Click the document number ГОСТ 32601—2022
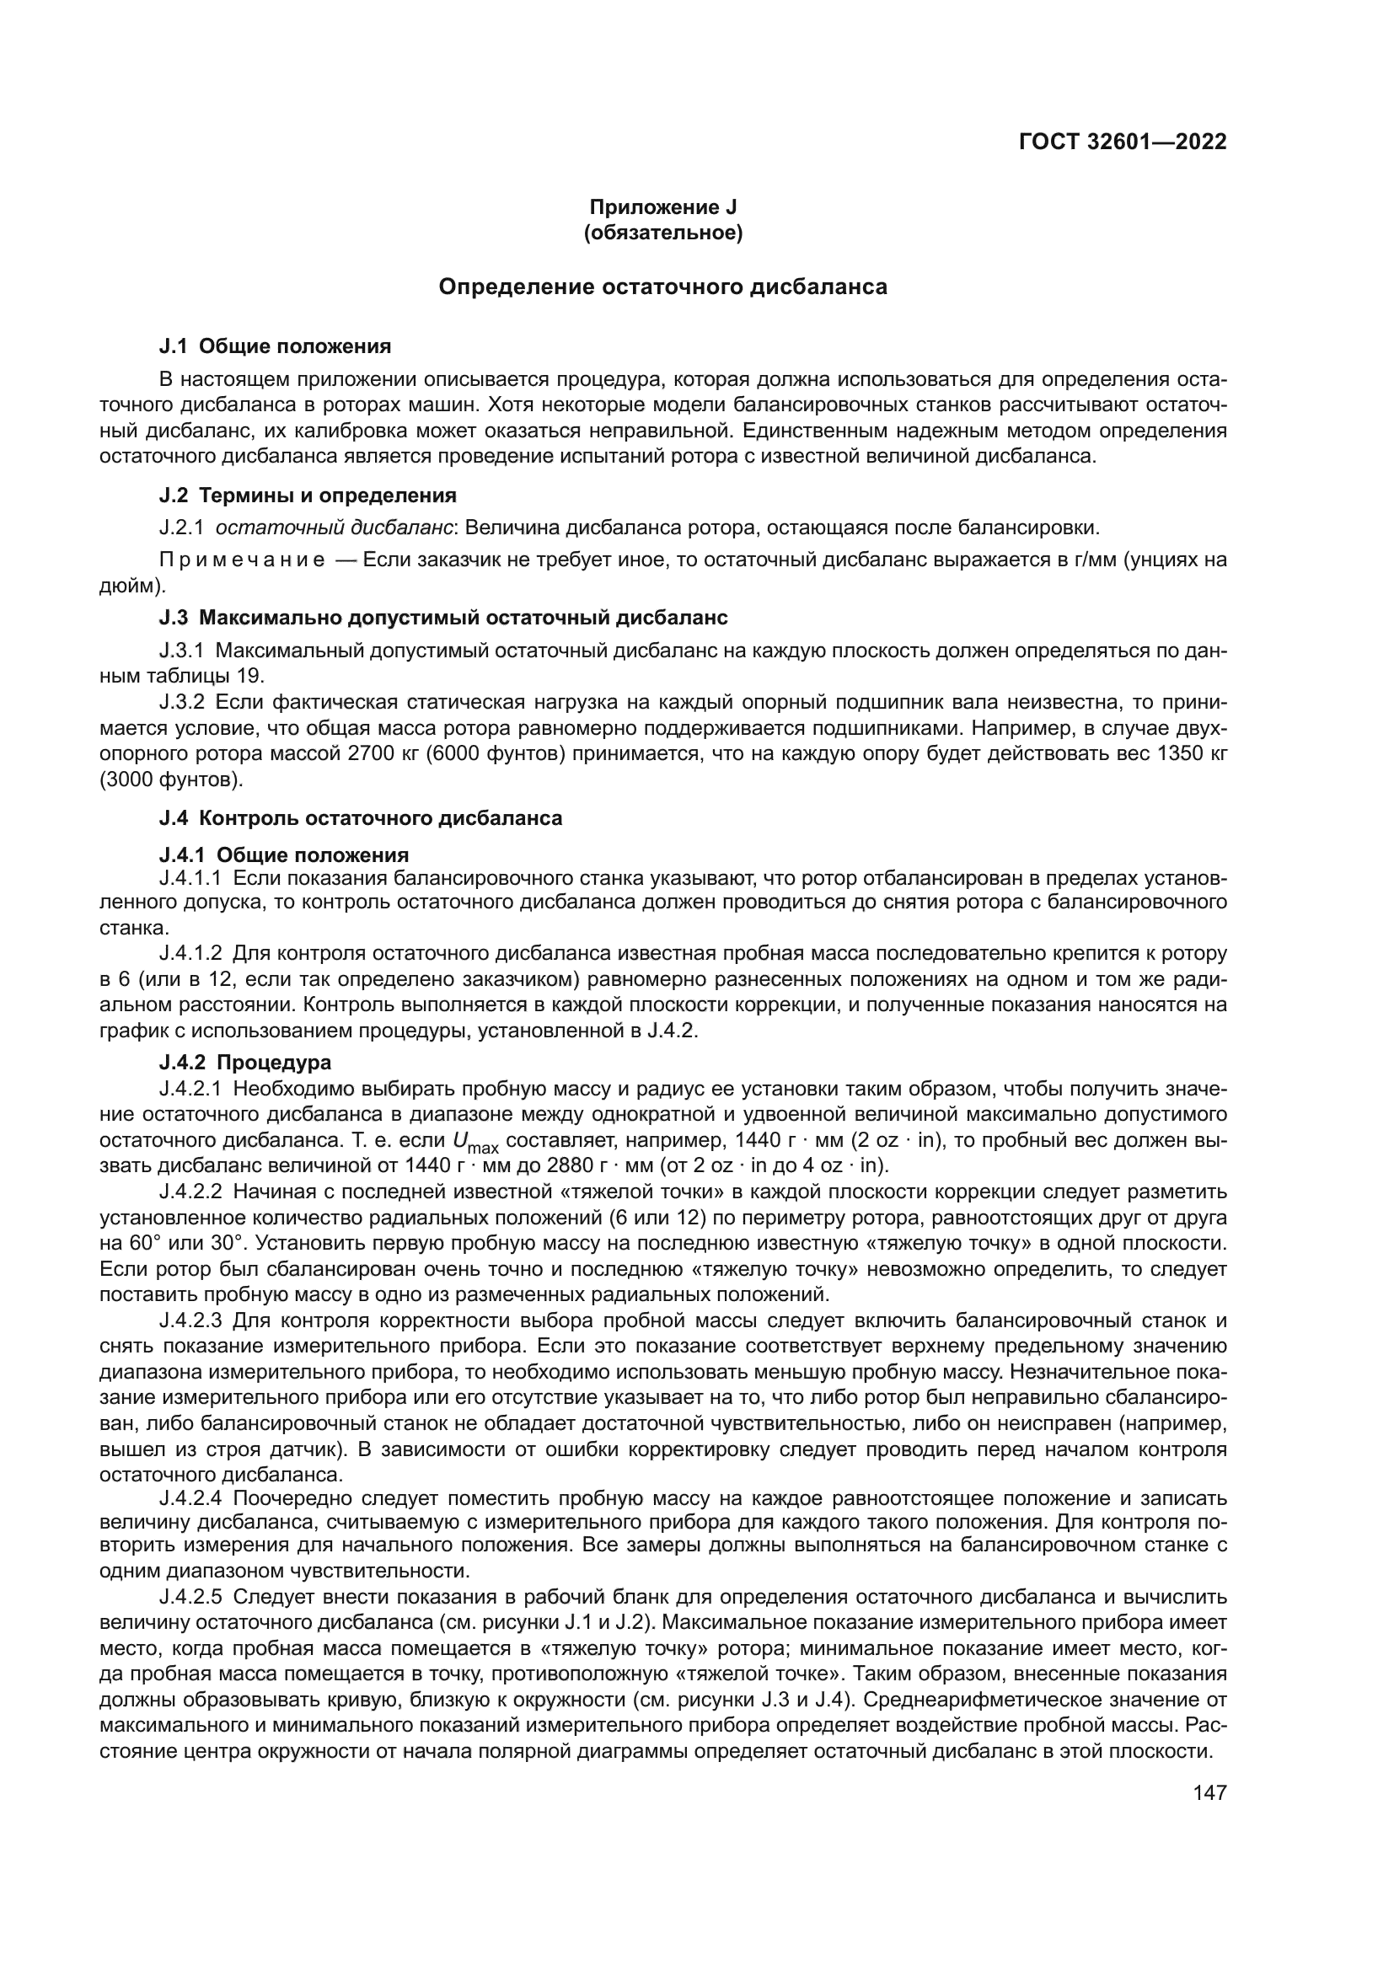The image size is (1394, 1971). coord(1122,142)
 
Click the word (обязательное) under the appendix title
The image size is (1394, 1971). coord(662,233)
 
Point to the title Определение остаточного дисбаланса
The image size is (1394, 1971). coord(662,287)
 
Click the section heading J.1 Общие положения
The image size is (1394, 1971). coord(275,347)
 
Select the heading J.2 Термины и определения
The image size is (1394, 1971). coord(308,495)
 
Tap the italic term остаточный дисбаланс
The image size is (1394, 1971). coord(334,527)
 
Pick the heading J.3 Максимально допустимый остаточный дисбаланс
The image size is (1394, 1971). coord(443,618)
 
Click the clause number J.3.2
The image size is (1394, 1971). coord(182,702)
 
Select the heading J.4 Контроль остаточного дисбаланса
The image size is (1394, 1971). coord(361,818)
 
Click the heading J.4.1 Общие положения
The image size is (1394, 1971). coord(283,855)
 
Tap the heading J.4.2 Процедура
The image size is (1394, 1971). coord(244,1063)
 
